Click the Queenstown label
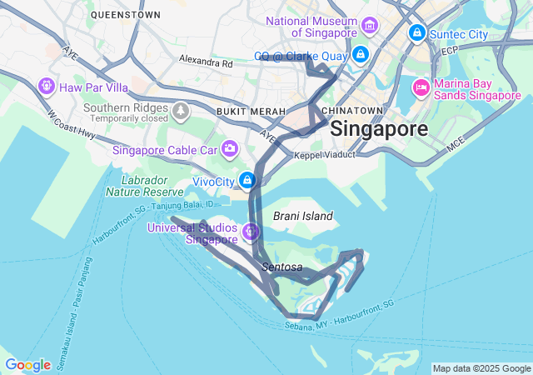(125, 14)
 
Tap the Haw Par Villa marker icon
(46, 86)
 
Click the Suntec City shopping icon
(416, 33)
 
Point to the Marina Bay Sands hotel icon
(421, 87)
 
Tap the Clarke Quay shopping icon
(360, 56)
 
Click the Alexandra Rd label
(207, 61)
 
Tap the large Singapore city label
(379, 129)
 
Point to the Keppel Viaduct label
(325, 155)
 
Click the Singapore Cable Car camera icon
(228, 150)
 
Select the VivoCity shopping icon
(247, 180)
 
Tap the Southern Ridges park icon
(181, 108)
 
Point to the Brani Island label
(303, 216)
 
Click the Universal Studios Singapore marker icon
(252, 231)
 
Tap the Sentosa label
(281, 267)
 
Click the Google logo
(27, 365)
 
